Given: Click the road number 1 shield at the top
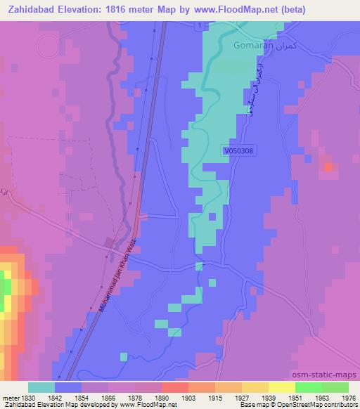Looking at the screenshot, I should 199,26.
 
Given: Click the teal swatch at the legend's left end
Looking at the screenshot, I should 41,387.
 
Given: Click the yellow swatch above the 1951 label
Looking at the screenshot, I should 282,387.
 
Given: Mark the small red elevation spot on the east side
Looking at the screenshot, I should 328,167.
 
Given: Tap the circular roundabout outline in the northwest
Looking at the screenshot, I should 49,47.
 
